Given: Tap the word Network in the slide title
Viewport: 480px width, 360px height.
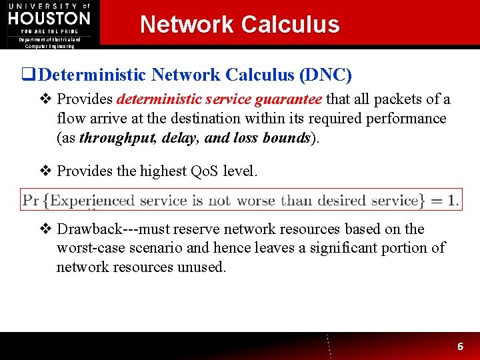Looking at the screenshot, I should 187,25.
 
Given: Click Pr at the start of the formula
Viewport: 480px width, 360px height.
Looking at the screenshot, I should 31,200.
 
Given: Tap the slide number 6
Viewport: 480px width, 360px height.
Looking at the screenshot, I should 460,347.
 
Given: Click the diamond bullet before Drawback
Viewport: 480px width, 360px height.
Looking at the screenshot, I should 46,229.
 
